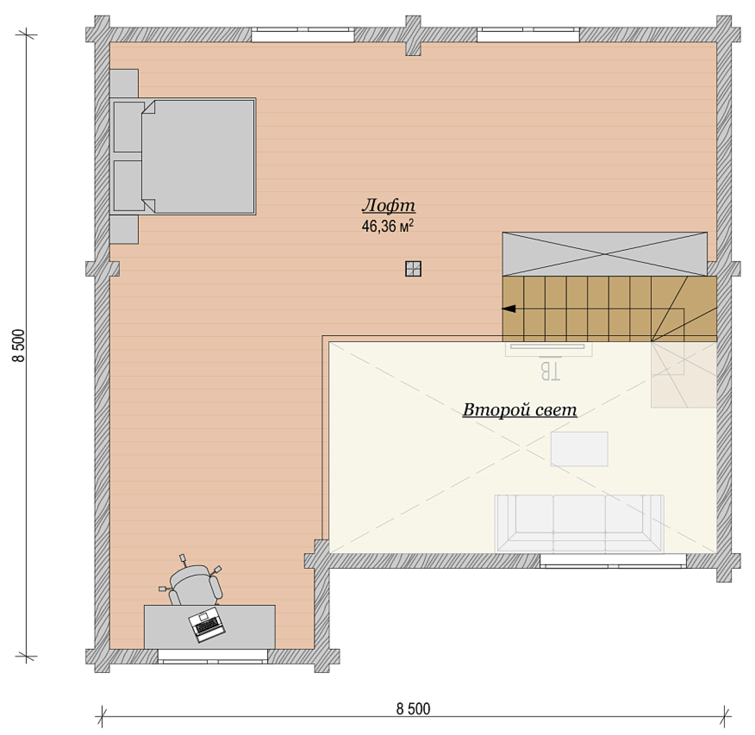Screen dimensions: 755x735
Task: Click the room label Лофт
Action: (389, 206)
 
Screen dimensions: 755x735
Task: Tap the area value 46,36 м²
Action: (388, 226)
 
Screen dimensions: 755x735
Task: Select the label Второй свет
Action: (520, 410)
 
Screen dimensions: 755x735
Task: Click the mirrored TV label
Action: (550, 371)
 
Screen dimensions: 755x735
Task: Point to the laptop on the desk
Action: (207, 625)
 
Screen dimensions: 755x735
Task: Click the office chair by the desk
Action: (195, 583)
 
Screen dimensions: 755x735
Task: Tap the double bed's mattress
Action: (198, 157)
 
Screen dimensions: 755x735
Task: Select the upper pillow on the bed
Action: (129, 127)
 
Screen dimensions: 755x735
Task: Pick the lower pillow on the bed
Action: (129, 186)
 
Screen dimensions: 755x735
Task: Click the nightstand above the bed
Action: (124, 83)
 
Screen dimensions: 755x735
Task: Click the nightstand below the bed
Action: (124, 229)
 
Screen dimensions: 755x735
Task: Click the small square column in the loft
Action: (413, 269)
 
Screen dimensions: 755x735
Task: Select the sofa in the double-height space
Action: (579, 524)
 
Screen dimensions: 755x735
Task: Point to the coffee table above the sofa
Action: (579, 449)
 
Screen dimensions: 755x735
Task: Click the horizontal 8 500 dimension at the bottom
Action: (413, 709)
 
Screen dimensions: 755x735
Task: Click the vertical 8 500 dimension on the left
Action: (19, 346)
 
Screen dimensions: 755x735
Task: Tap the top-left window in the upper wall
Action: (303, 35)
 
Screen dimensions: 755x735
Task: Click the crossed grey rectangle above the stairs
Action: (605, 254)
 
